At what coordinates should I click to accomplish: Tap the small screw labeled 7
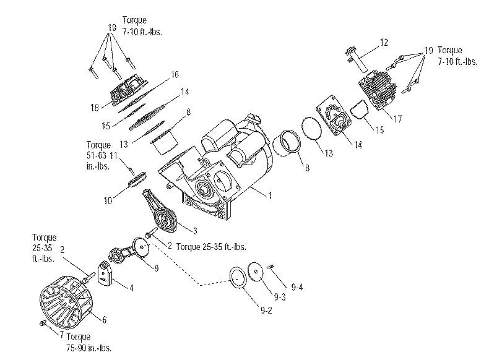(x=43, y=324)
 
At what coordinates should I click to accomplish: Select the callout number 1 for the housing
(x=270, y=195)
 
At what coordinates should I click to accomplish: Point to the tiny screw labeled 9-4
(x=270, y=266)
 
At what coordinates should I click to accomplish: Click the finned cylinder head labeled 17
(x=378, y=90)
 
